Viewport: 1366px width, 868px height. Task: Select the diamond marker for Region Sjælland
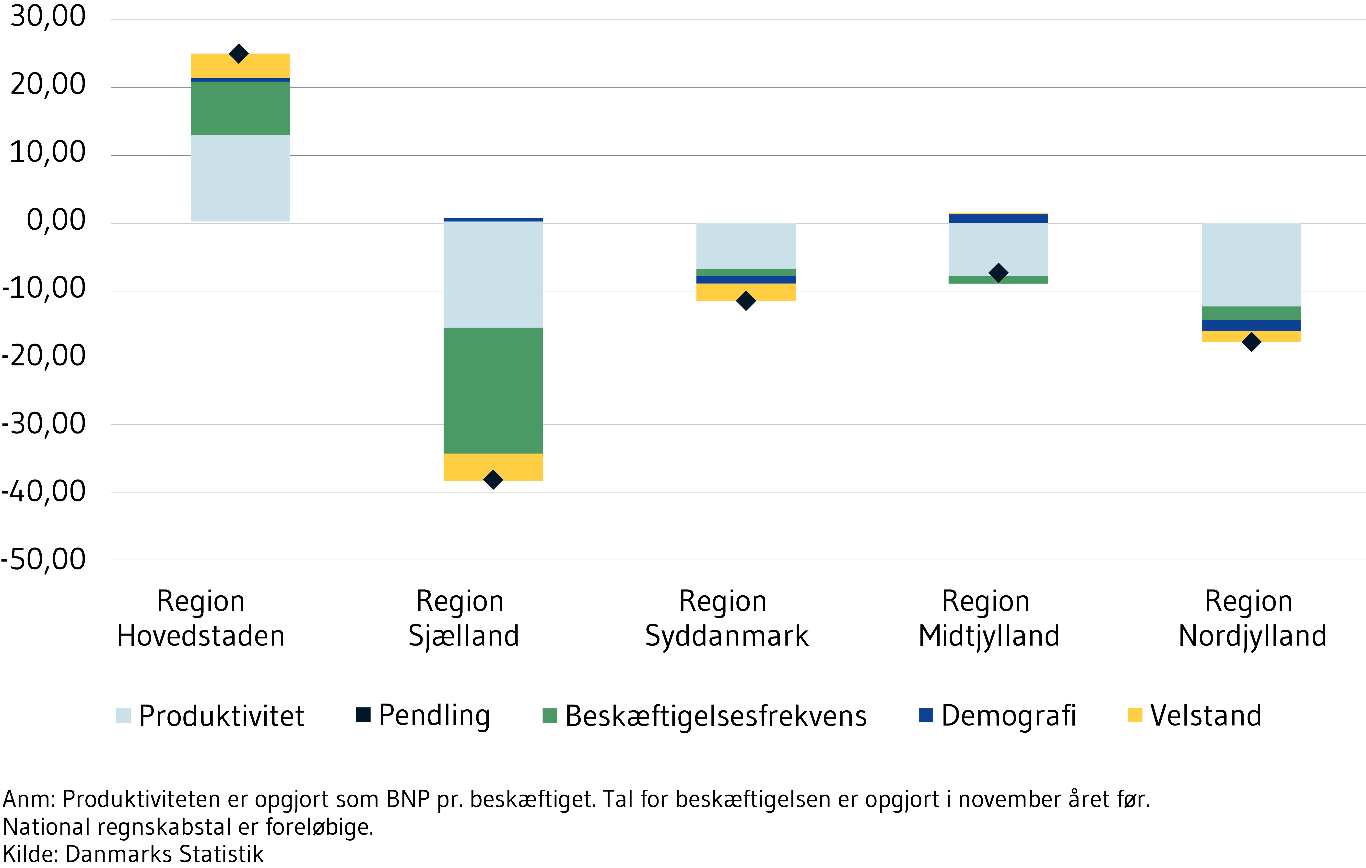(493, 479)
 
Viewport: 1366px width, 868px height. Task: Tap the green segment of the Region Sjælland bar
(493, 390)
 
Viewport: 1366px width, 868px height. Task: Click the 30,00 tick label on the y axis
(48, 16)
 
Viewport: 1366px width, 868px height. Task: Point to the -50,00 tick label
(44, 559)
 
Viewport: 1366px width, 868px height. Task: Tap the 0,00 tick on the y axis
(56, 220)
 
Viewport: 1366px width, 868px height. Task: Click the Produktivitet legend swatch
(123, 716)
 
